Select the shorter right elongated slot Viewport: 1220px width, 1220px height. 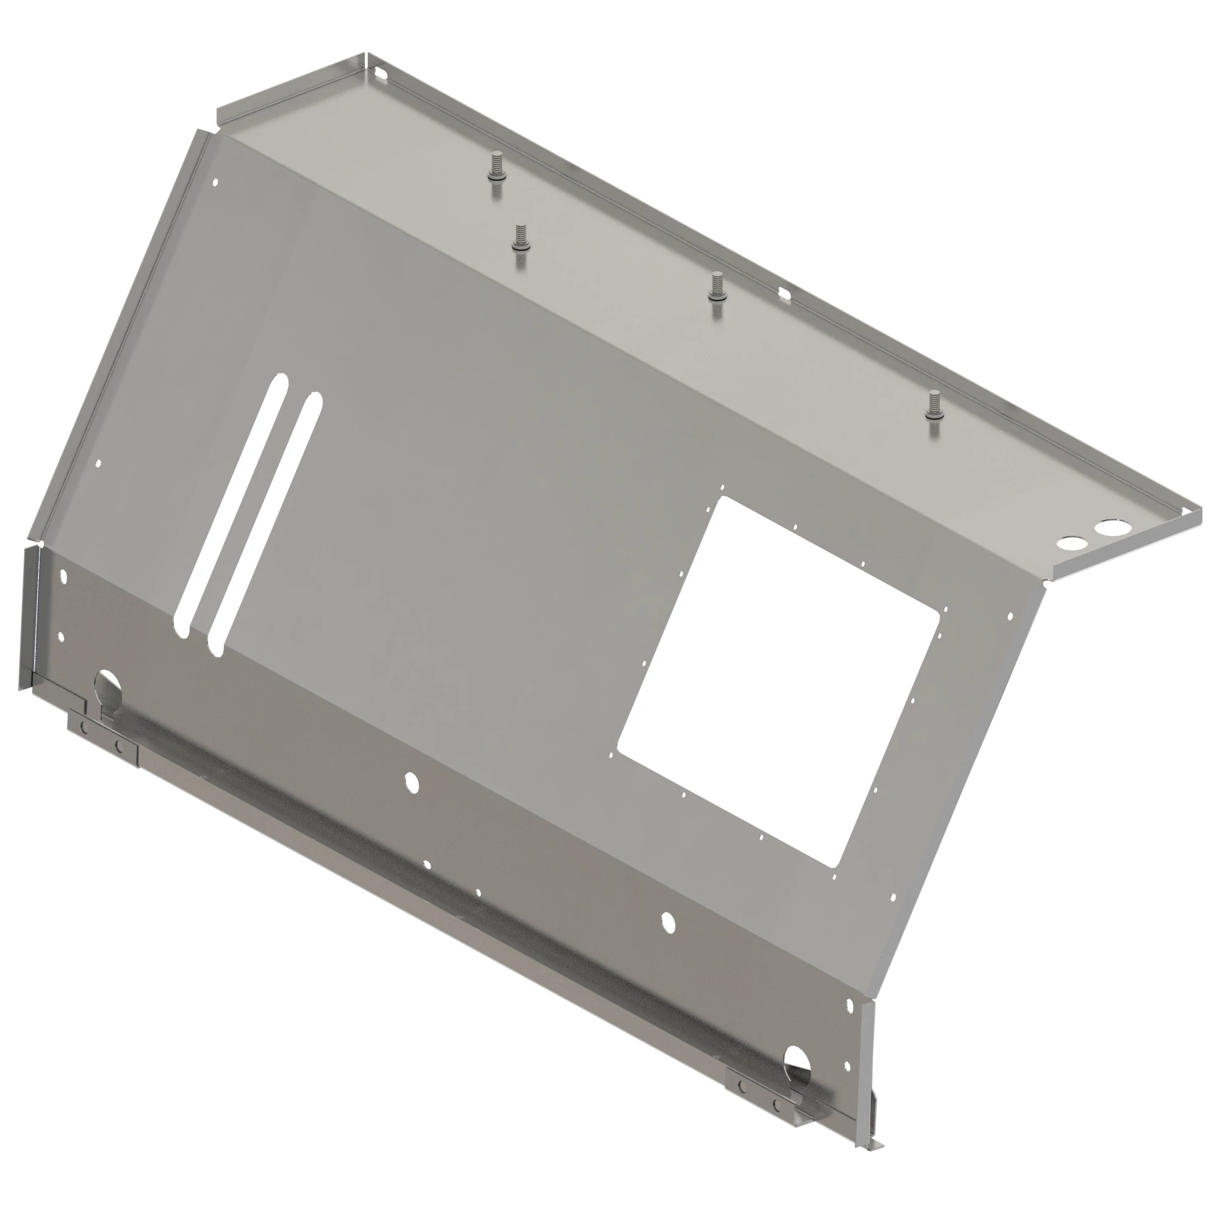tap(265, 524)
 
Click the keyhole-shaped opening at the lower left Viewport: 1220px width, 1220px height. tap(109, 692)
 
